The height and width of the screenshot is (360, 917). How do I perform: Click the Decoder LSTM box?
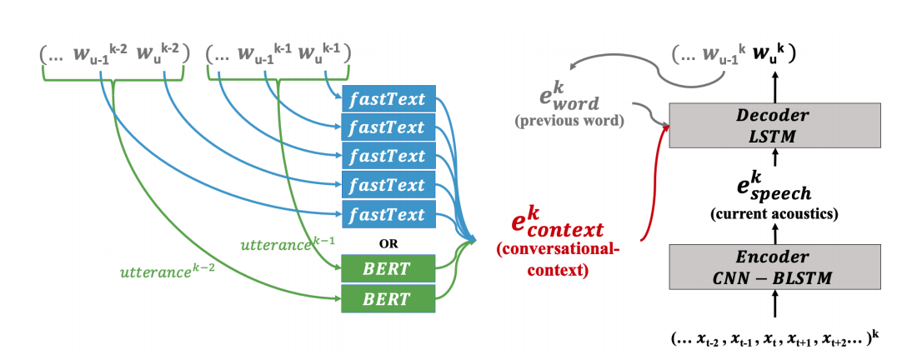pyautogui.click(x=774, y=125)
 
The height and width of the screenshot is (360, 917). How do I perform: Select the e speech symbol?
pyautogui.click(x=774, y=183)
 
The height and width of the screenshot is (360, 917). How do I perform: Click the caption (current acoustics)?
pyautogui.click(x=774, y=213)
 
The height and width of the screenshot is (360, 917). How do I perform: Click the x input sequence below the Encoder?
pyautogui.click(x=774, y=337)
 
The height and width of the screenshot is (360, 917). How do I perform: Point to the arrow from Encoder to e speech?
pyautogui.click(x=774, y=234)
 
